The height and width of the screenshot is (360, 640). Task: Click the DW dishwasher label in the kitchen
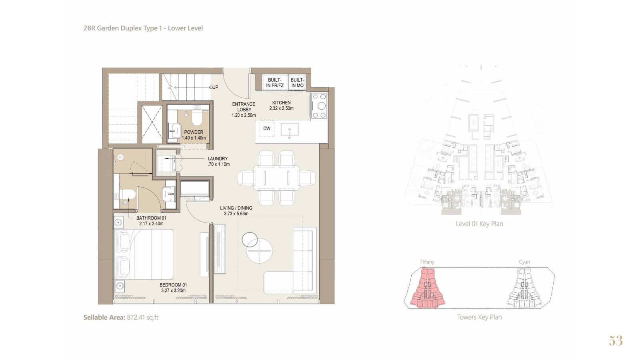click(266, 128)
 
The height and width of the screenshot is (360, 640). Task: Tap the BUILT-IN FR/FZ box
click(275, 82)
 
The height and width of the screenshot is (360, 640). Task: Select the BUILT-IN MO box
click(297, 82)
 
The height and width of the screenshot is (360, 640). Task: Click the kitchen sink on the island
click(290, 130)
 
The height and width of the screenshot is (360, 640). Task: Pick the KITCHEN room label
click(282, 102)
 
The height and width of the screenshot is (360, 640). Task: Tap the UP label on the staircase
click(215, 87)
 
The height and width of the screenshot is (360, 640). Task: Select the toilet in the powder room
click(196, 118)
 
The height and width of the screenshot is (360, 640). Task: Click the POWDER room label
click(194, 132)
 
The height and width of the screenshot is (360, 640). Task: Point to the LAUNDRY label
click(218, 158)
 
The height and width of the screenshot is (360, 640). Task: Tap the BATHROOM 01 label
click(151, 218)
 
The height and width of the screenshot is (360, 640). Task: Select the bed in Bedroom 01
click(144, 254)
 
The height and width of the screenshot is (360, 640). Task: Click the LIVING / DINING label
click(236, 208)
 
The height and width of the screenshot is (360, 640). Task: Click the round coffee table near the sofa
click(260, 251)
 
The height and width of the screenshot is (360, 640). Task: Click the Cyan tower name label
click(524, 262)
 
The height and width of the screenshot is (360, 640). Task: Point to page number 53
click(616, 340)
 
